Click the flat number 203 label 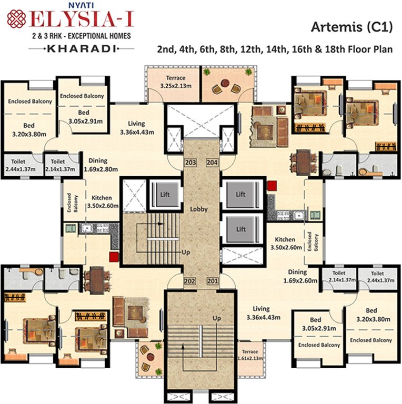pyautogui.click(x=190, y=163)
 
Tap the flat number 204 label pyautogui.click(x=212, y=163)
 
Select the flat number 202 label pyautogui.click(x=190, y=281)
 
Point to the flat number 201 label pyautogui.click(x=212, y=281)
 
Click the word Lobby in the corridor pyautogui.click(x=199, y=209)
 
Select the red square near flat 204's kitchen pyautogui.click(x=272, y=185)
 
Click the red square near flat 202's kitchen pyautogui.click(x=113, y=257)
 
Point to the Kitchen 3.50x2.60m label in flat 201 pyautogui.click(x=285, y=244)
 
